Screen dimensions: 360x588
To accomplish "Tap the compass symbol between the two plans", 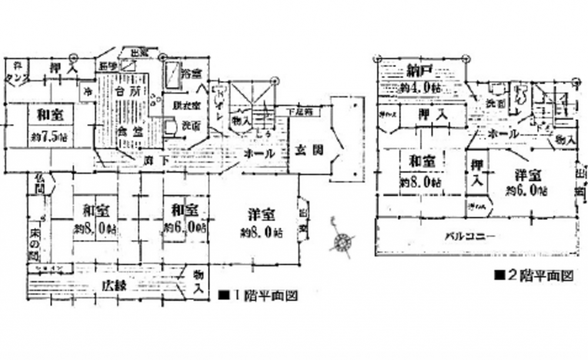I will (x=342, y=241).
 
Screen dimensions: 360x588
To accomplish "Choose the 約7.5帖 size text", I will (x=45, y=137).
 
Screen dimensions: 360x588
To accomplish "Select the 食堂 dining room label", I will (x=128, y=131).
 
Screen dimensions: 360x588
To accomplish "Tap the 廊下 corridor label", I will (x=153, y=158).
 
